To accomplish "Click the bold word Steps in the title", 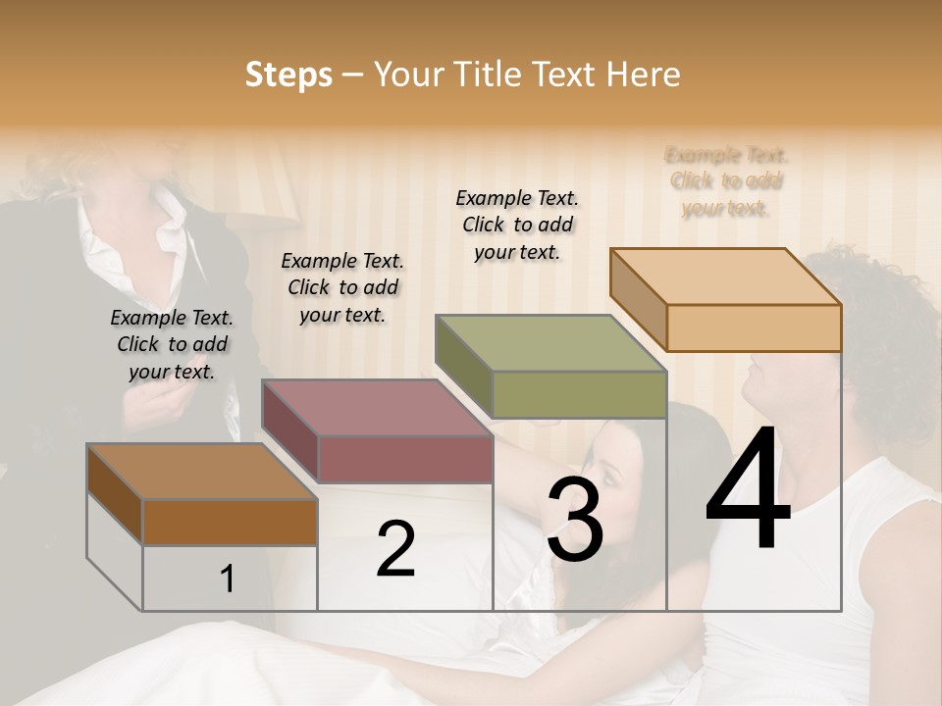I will [x=288, y=75].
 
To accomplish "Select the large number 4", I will [x=749, y=490].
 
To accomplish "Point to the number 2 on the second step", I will [x=395, y=548].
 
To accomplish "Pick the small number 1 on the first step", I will [x=228, y=579].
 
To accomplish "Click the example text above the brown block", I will [x=172, y=344].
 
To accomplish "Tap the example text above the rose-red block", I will [x=342, y=287].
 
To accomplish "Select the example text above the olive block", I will [x=517, y=225].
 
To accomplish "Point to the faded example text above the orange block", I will [x=726, y=181].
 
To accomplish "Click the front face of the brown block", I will [x=230, y=522].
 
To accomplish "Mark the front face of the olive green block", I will [x=579, y=395].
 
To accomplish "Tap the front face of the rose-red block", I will [x=405, y=459].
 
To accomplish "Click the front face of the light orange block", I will [x=754, y=328].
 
